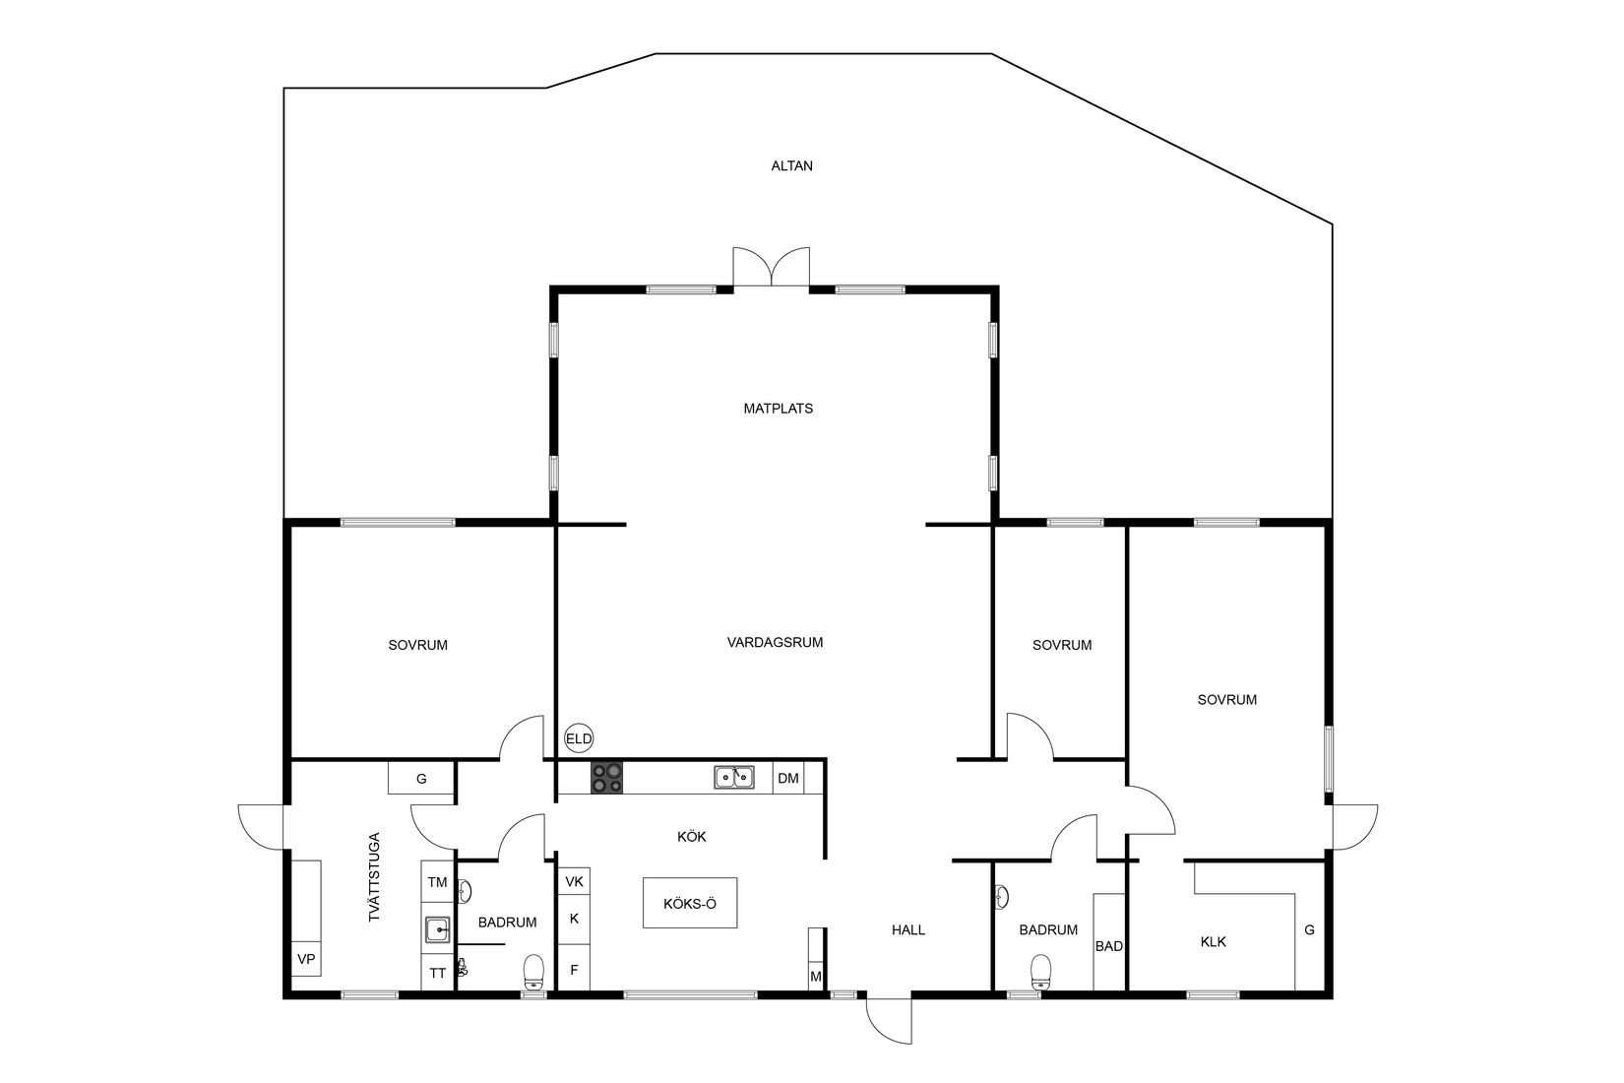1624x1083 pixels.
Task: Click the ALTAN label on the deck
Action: [791, 166]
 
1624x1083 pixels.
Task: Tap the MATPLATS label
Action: [778, 408]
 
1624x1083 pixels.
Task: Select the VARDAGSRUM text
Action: [775, 642]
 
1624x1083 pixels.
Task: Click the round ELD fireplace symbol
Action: [579, 738]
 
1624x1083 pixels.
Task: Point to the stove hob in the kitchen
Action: [606, 778]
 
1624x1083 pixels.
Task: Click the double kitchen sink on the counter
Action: [734, 778]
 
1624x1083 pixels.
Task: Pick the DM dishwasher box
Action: [788, 779]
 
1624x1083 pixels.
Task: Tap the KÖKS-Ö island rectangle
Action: [690, 903]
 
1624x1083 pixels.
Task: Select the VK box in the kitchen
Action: [575, 881]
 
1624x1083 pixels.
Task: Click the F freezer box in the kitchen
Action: [575, 970]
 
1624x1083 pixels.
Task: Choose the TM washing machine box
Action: [438, 882]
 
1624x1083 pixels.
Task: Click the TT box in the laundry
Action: [438, 973]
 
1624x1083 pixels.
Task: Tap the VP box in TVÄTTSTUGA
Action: [306, 959]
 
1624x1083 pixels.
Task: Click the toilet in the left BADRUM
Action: [534, 973]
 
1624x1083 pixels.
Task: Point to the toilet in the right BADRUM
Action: [1041, 973]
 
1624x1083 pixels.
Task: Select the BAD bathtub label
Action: [1109, 946]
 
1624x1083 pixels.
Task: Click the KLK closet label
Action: [1214, 941]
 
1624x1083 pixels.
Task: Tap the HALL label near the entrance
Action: [908, 929]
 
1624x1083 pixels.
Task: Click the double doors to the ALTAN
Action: [772, 268]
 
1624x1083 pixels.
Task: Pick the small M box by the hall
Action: [815, 976]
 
